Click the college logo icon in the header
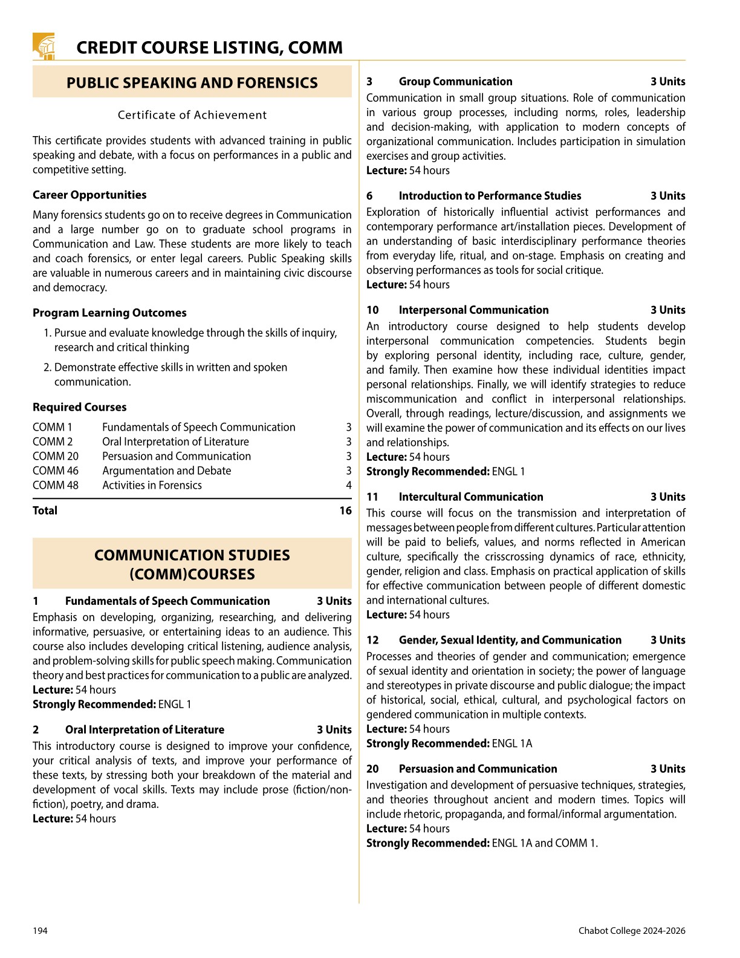(44, 46)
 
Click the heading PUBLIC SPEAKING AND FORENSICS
(192, 83)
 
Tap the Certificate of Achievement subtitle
(192, 115)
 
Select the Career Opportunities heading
(89, 195)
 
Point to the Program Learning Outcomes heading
(109, 313)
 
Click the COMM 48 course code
(56, 485)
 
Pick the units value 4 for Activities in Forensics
(348, 485)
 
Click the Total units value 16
(345, 510)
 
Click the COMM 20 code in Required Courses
(56, 456)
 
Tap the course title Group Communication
(455, 82)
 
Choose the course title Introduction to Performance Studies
(490, 196)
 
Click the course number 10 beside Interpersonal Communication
(372, 310)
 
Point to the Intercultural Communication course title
(471, 497)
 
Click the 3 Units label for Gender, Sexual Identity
(667, 640)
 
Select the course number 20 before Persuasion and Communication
(372, 769)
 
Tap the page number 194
(40, 931)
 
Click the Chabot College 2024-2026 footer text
(632, 931)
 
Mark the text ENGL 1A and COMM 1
(545, 843)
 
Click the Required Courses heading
(80, 407)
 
